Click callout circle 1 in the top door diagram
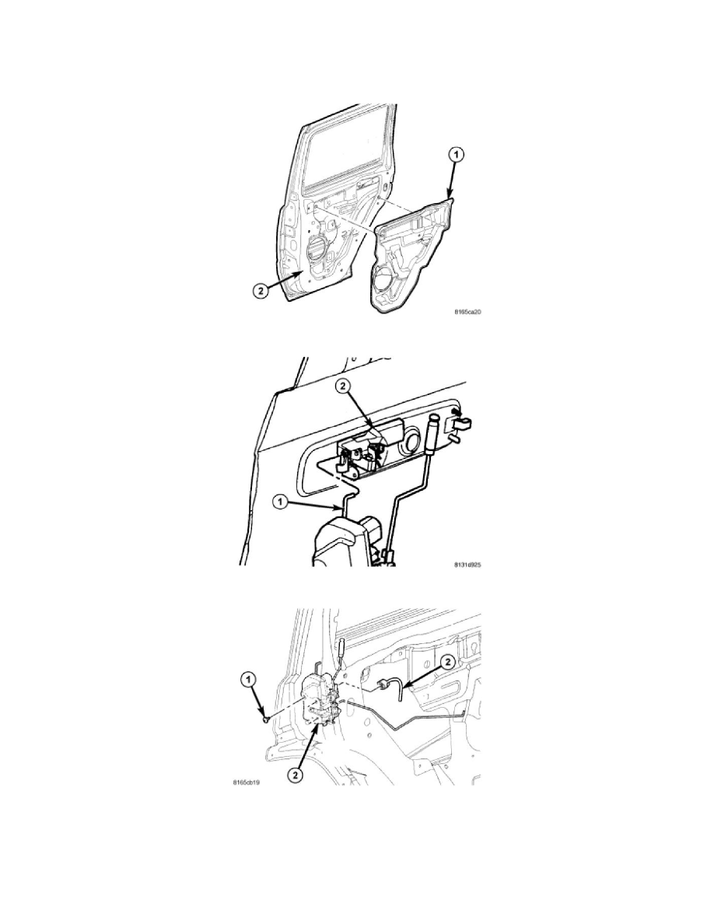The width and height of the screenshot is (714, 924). point(457,156)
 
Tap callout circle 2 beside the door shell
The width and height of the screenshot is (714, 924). point(261,290)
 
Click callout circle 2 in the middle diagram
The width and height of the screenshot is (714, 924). point(344,386)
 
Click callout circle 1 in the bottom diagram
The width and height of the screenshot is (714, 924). point(248,680)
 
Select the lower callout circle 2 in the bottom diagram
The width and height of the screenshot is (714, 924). point(296,775)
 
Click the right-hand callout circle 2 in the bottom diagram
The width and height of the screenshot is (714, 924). point(447,662)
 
